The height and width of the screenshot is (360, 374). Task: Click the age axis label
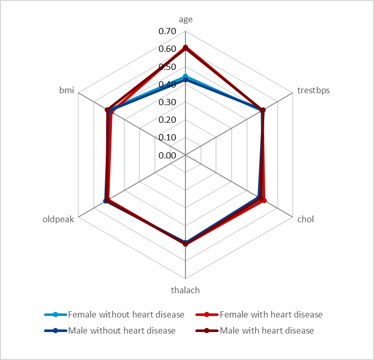click(185, 20)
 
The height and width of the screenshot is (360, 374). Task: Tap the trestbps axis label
click(313, 91)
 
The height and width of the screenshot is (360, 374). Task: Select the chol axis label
click(305, 219)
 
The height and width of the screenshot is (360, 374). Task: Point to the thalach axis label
click(185, 290)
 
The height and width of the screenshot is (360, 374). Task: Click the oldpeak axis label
click(59, 219)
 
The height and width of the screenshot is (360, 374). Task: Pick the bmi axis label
click(67, 91)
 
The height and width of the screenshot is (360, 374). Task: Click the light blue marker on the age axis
click(185, 77)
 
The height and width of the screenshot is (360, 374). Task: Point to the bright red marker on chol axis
click(264, 200)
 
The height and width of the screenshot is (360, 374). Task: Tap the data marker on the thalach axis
click(185, 243)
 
